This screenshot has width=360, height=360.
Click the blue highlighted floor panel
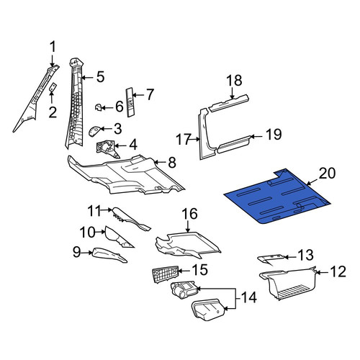(276, 197)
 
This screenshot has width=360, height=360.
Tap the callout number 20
(327, 174)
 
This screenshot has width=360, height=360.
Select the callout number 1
(53, 47)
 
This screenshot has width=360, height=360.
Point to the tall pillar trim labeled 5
(75, 103)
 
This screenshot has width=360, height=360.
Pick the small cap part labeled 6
(99, 107)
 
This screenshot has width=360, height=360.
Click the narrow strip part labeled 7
(130, 102)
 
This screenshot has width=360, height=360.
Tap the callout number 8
(172, 163)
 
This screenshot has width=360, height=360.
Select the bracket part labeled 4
(107, 149)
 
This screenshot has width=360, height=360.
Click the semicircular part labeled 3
(94, 131)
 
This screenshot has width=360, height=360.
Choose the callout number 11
(94, 211)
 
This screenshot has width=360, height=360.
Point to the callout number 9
(76, 252)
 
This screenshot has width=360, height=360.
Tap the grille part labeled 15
(166, 274)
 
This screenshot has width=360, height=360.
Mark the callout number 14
(248, 298)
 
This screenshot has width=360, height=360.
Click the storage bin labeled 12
(288, 283)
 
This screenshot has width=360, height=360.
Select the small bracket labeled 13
(271, 260)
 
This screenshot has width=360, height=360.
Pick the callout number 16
(189, 214)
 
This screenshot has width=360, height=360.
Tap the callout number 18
(234, 81)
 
